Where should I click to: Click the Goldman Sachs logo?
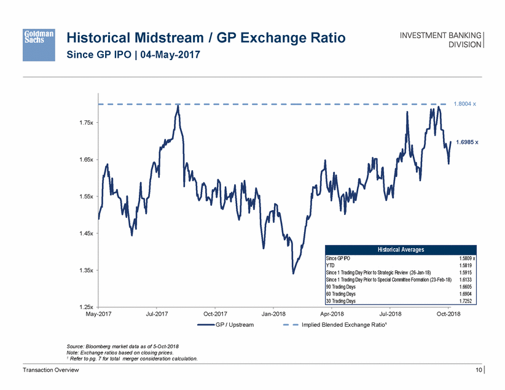38,39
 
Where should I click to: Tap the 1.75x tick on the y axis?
85,123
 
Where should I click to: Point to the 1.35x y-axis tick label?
85,270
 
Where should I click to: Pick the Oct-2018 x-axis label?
448,314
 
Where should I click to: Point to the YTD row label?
330,266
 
